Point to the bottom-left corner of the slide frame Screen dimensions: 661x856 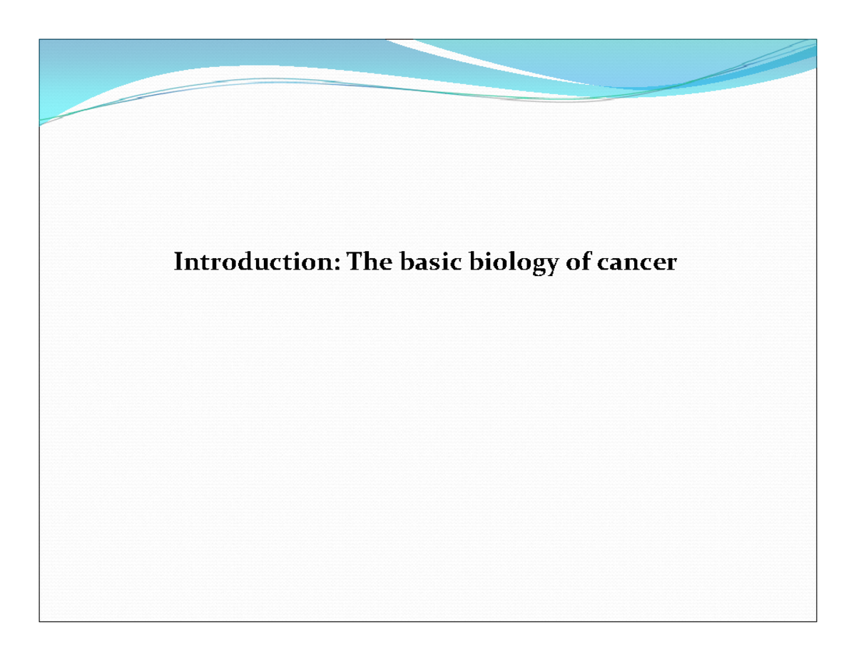[x=39, y=622]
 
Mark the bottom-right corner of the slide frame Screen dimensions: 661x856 [x=817, y=622]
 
